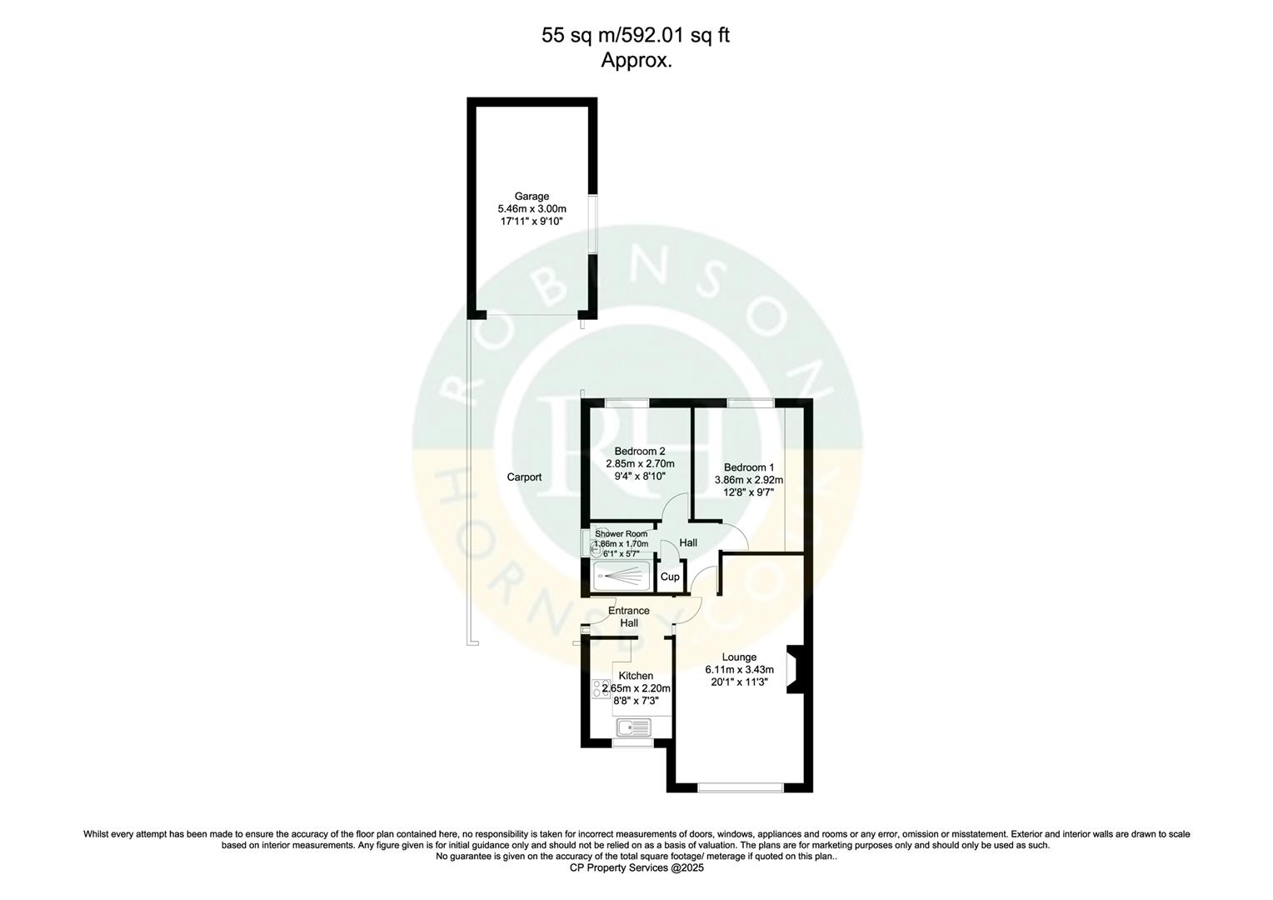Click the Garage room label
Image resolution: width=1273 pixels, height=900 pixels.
pos(532,197)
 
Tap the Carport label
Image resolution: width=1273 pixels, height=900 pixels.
pos(524,477)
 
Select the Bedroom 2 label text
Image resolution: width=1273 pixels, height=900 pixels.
pos(639,451)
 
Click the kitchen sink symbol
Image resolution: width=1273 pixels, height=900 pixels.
pos(636,727)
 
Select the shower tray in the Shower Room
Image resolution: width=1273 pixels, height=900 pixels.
pos(622,576)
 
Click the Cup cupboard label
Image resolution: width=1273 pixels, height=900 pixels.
pos(670,577)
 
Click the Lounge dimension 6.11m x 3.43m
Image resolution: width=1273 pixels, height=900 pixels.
pos(739,669)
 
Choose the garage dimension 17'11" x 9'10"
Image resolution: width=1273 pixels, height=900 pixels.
pos(531,222)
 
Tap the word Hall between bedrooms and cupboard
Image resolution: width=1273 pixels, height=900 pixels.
pos(688,542)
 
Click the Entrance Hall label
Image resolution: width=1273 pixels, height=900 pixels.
pos(628,617)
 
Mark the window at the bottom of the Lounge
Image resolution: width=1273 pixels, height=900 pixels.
pos(740,787)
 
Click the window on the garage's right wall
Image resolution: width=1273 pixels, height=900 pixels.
pos(592,223)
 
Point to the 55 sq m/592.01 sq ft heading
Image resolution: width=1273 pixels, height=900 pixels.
pos(636,35)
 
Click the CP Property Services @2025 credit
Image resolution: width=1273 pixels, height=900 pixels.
pos(636,867)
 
